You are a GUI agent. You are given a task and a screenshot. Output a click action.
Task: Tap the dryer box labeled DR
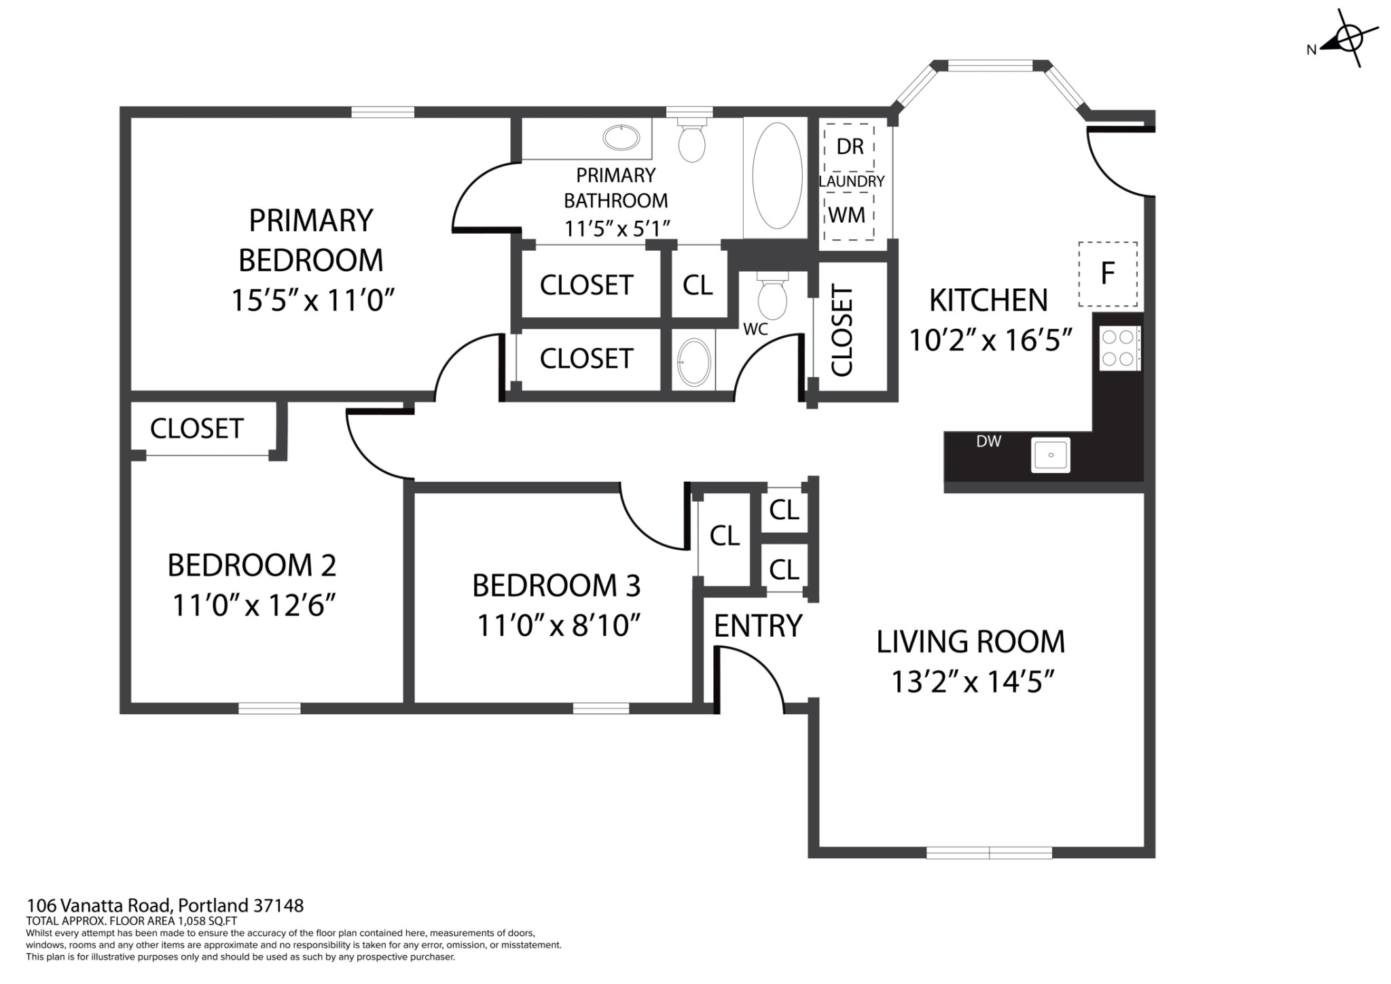tap(849, 147)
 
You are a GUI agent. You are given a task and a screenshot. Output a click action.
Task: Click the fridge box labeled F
tap(1108, 274)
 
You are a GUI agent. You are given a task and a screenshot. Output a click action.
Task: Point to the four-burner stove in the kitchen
tap(1119, 348)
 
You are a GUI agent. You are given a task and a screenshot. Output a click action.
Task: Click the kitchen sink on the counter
tap(1051, 455)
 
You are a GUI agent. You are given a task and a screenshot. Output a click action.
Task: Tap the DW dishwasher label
tap(989, 441)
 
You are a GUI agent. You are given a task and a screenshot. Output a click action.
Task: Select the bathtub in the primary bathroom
tap(777, 175)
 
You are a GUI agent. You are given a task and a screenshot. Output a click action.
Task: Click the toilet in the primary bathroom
tap(692, 139)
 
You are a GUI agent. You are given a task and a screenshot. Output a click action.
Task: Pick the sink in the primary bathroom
tap(621, 138)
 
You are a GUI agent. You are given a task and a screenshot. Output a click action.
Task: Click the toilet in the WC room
tap(772, 296)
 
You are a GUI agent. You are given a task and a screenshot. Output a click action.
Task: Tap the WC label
tap(755, 329)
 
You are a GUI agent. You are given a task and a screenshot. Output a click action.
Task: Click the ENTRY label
tap(758, 626)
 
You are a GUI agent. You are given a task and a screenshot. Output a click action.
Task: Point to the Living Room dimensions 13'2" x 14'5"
tap(971, 682)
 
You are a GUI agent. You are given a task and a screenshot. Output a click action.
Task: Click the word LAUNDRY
tap(851, 181)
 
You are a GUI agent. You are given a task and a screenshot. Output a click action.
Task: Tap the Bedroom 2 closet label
tap(197, 429)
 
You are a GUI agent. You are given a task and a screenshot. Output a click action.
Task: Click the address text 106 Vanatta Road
tap(101, 906)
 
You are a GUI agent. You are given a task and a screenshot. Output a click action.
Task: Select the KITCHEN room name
tap(988, 300)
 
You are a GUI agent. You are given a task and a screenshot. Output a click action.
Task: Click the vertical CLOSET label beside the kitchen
tap(842, 331)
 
